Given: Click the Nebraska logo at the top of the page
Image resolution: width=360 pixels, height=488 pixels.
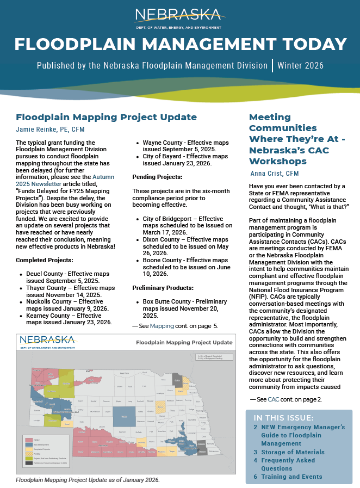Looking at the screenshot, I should click(x=180, y=17).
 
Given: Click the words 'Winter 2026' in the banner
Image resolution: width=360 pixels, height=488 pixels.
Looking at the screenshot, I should click(x=300, y=66).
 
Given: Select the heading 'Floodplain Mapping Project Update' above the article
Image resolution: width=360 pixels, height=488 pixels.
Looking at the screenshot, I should click(x=106, y=117).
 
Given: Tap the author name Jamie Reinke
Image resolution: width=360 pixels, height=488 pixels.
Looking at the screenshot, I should click(x=50, y=129).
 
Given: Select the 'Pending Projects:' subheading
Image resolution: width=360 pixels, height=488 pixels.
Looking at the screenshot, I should click(x=158, y=177).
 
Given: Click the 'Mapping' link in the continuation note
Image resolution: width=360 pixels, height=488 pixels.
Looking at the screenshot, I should click(x=162, y=326).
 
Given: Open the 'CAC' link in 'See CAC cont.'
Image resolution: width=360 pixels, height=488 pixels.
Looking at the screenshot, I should click(x=274, y=399).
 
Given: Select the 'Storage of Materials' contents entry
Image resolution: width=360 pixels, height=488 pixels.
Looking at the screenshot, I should click(x=293, y=452).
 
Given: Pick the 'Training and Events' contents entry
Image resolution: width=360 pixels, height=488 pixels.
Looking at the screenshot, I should click(x=291, y=477).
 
